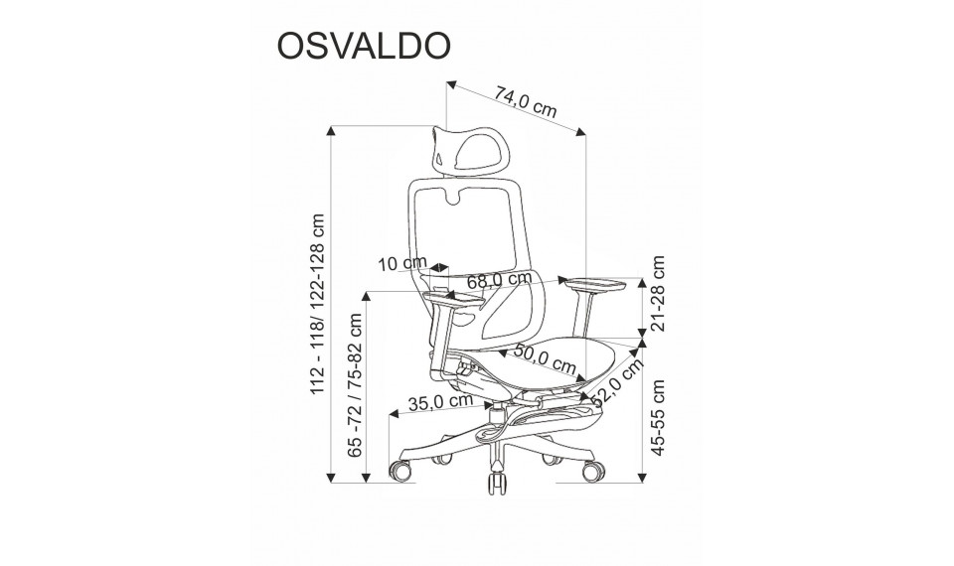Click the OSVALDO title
tap(364, 46)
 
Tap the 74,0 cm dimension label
tap(526, 102)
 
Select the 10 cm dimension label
tap(402, 264)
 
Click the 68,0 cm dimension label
tap(500, 280)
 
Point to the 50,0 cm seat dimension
tap(546, 358)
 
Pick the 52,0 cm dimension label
tap(616, 381)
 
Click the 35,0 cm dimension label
tap(440, 402)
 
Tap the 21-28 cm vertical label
tap(658, 293)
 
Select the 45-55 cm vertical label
tap(658, 418)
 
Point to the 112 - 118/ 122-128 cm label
tap(318, 304)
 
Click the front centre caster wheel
tap(497, 481)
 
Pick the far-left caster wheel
tap(399, 471)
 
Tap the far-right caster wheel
tap(593, 471)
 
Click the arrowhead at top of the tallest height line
tap(331, 130)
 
